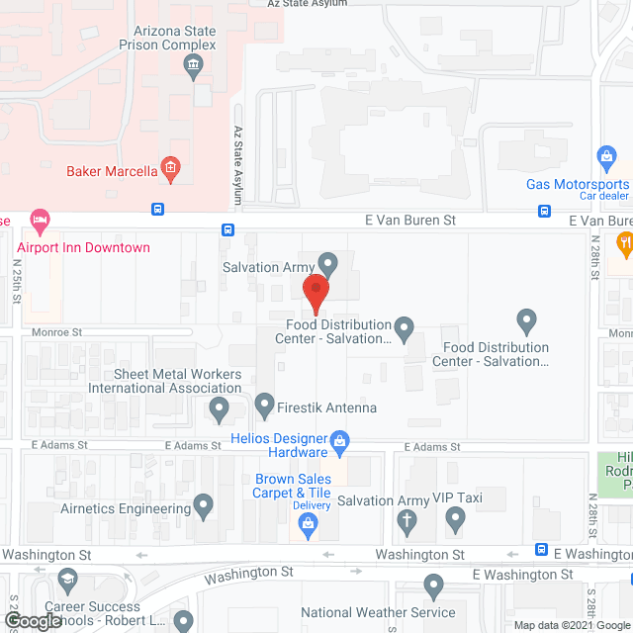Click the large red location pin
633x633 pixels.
315,293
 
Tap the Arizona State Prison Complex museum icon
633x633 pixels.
194,67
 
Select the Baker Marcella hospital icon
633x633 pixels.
170,170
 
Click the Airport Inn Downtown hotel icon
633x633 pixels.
40,218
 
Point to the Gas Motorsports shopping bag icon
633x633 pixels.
606,156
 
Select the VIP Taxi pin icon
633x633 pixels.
455,516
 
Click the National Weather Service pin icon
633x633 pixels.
433,587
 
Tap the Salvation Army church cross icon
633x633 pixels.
406,519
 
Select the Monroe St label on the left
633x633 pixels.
55,334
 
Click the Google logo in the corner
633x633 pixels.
32,621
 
